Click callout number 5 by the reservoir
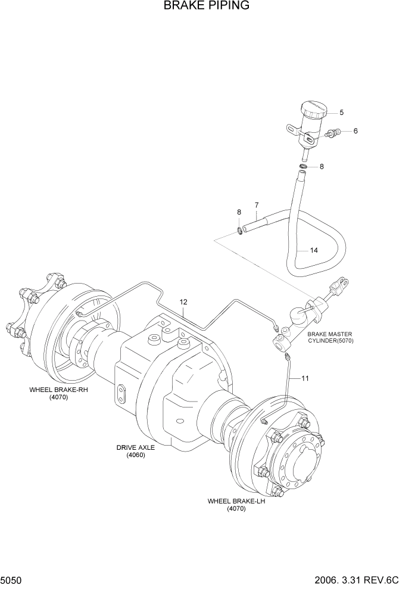342,112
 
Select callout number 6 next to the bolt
355,131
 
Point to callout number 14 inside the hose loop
313,250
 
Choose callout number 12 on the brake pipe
183,302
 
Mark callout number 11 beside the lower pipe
305,378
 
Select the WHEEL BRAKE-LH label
236,505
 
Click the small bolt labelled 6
333,133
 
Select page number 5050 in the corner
13,578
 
